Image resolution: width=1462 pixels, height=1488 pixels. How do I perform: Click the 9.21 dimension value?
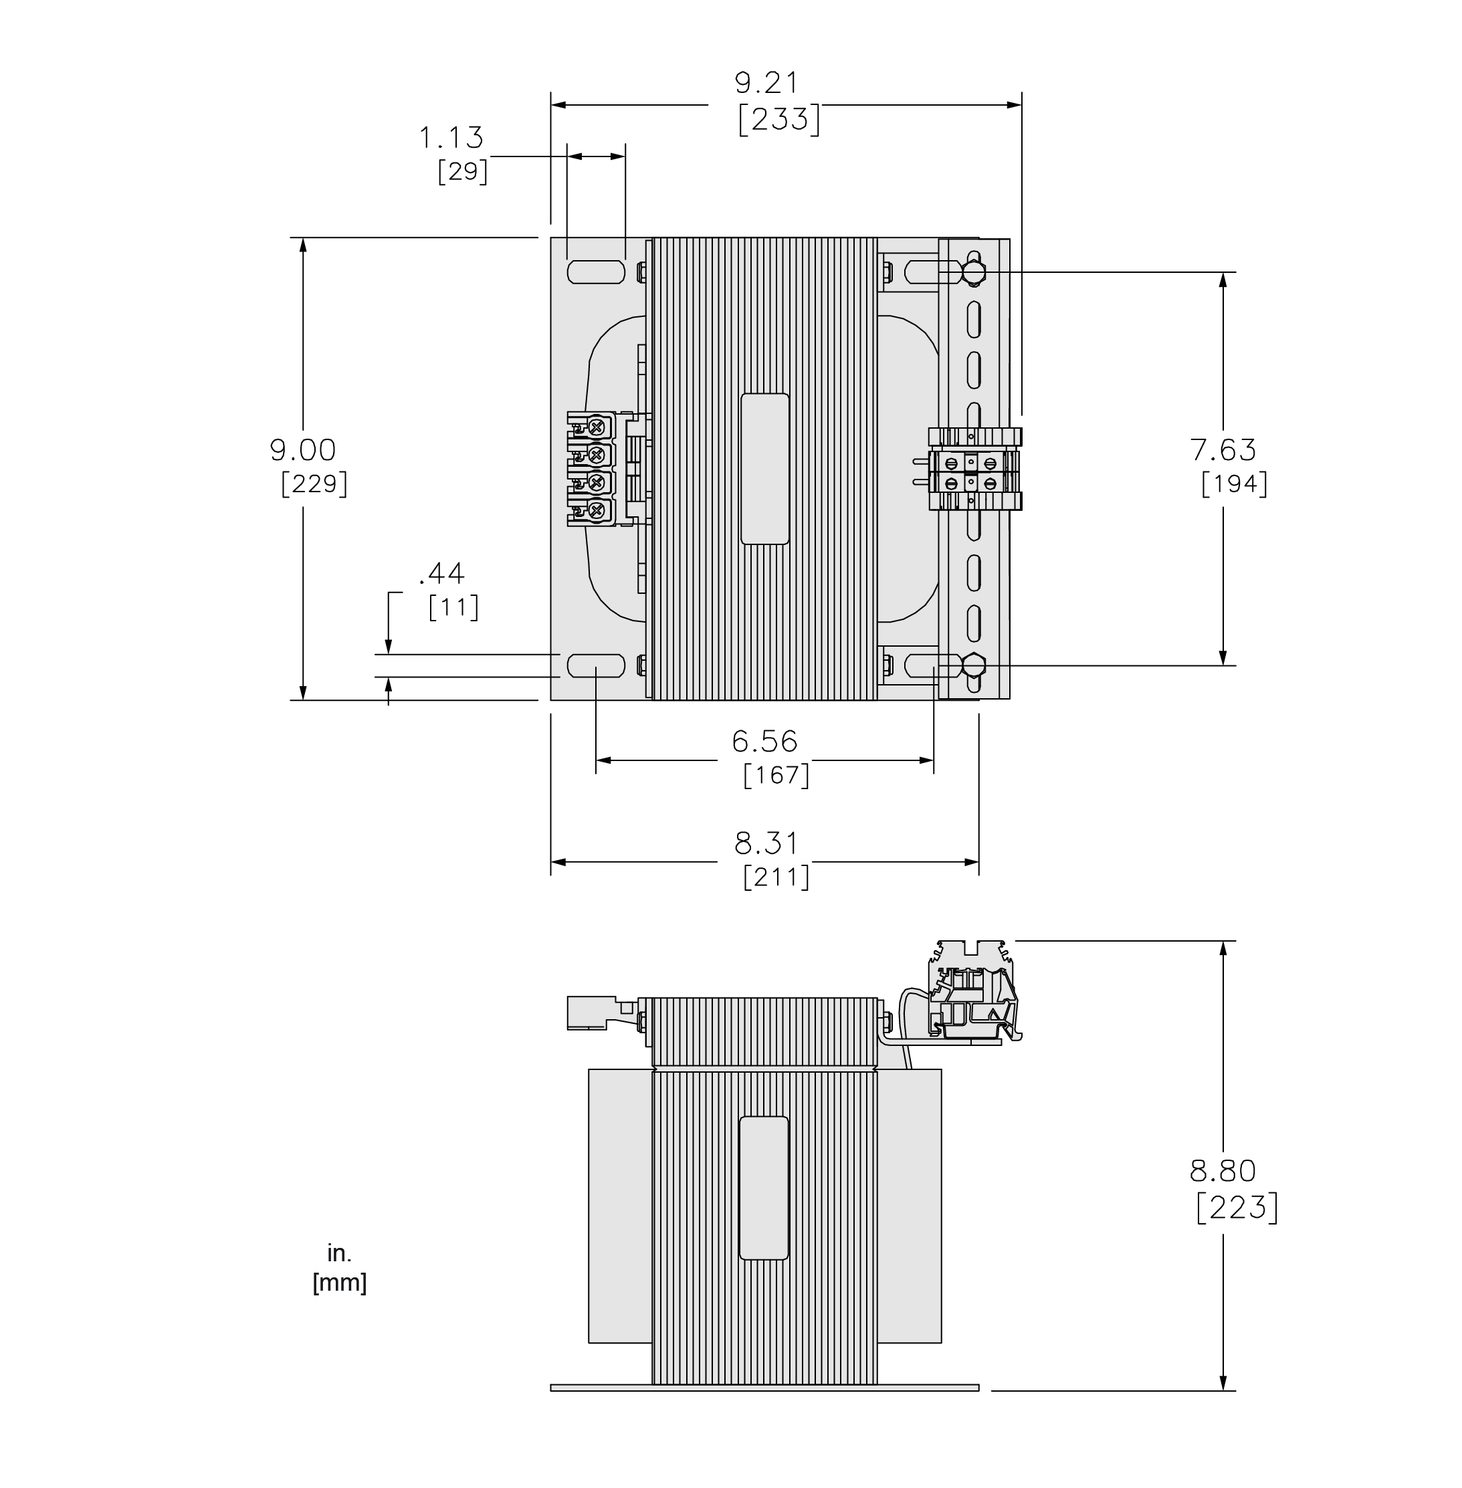pyautogui.click(x=766, y=83)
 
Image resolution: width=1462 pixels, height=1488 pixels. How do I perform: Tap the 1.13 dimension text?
pyautogui.click(x=451, y=138)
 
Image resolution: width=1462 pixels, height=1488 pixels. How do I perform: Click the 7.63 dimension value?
pyautogui.click(x=1223, y=449)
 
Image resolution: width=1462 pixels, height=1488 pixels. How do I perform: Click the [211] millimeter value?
pyautogui.click(x=776, y=877)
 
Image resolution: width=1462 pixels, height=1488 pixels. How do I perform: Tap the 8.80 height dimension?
pyautogui.click(x=1223, y=1171)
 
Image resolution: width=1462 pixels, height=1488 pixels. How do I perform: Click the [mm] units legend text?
pyautogui.click(x=339, y=1283)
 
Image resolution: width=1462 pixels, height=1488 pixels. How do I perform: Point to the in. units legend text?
pyautogui.click(x=339, y=1253)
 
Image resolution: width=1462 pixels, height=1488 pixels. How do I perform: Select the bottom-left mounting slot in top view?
pyautogui.click(x=596, y=665)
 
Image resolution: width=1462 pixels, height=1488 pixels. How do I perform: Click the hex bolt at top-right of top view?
pyautogui.click(x=973, y=272)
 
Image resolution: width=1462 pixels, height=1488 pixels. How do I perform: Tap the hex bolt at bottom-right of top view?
pyautogui.click(x=973, y=664)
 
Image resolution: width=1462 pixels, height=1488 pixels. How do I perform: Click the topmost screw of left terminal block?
pyautogui.click(x=596, y=425)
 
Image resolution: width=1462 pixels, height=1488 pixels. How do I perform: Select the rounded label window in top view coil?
pyautogui.click(x=765, y=469)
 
